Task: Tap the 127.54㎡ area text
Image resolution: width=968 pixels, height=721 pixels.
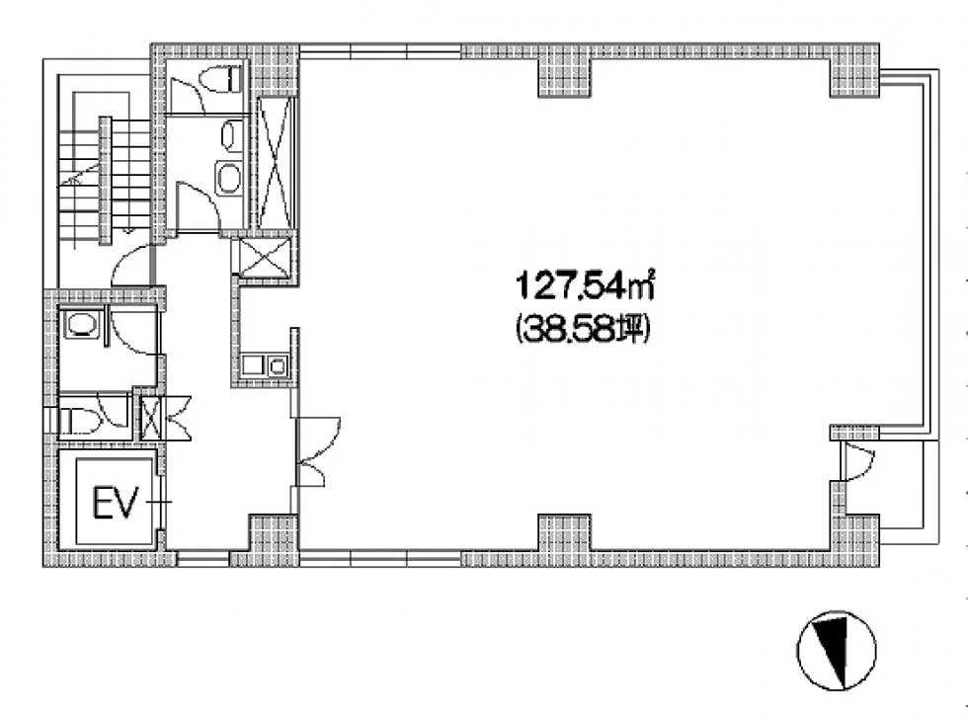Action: [585, 286]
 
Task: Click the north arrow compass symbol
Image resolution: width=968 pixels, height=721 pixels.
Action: [837, 651]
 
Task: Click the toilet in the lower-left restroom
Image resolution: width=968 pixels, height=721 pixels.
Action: [79, 421]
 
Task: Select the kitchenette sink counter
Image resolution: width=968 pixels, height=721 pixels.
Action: [265, 365]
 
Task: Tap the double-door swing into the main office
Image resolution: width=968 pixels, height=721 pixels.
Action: [318, 450]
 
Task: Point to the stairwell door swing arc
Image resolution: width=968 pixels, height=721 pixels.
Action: [130, 266]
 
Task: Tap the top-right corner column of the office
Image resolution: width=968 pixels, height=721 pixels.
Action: [854, 71]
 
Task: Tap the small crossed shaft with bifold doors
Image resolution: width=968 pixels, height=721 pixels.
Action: [151, 419]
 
